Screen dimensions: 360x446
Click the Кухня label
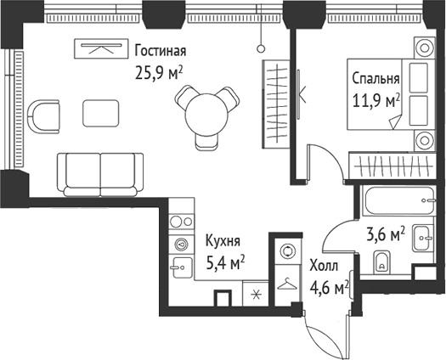coord(221,240)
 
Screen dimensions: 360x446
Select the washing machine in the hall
coord(286,252)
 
